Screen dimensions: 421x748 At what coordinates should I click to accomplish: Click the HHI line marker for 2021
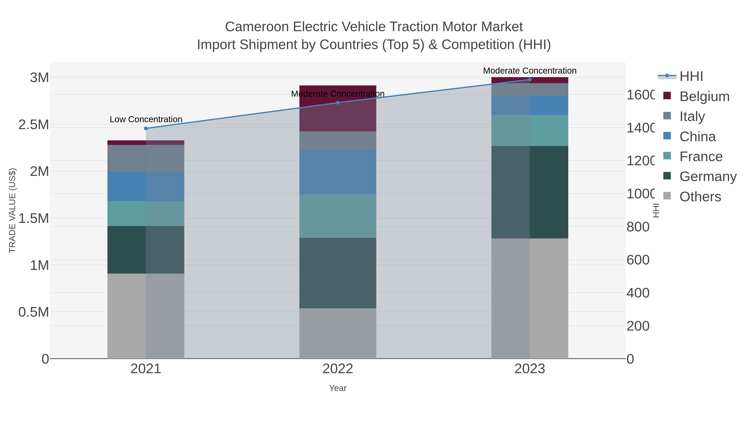click(x=146, y=128)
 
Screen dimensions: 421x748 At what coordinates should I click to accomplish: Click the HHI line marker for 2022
click(x=338, y=102)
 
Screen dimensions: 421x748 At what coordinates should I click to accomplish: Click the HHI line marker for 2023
click(x=530, y=80)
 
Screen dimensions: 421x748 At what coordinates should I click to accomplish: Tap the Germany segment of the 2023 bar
click(x=530, y=192)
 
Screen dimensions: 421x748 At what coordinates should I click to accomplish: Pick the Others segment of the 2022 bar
click(x=338, y=333)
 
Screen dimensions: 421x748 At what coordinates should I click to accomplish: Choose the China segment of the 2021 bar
click(x=146, y=186)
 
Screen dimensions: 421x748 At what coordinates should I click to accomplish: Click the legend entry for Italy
click(x=692, y=116)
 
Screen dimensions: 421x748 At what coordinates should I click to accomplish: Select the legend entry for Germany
click(x=708, y=177)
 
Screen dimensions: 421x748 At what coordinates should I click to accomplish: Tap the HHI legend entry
click(x=691, y=77)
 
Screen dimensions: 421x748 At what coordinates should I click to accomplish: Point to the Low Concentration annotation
click(x=146, y=119)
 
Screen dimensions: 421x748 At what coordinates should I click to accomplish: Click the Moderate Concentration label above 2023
click(x=530, y=71)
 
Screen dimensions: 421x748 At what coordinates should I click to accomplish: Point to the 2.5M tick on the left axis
click(x=34, y=125)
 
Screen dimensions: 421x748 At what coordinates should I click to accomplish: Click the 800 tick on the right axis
click(x=638, y=227)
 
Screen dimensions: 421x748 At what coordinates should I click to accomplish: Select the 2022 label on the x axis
click(x=338, y=369)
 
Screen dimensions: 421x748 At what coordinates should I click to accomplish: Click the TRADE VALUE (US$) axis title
click(x=12, y=210)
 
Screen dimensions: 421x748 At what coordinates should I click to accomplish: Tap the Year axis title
click(x=338, y=388)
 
